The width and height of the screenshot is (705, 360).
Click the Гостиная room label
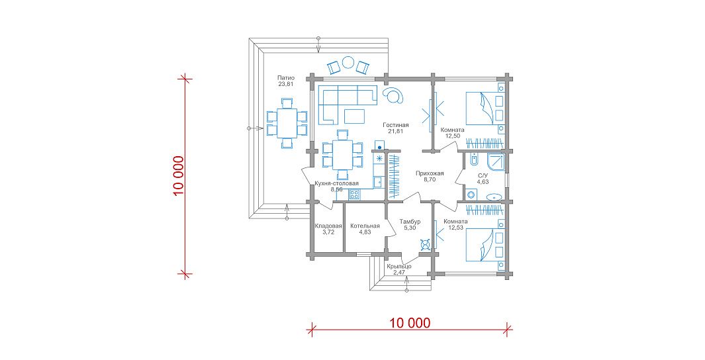click(396, 125)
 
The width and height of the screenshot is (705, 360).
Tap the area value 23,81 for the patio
click(286, 84)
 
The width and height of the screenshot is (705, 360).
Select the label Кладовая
click(328, 226)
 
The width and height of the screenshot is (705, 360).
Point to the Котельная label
click(365, 226)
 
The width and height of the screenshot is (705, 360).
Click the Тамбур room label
click(410, 222)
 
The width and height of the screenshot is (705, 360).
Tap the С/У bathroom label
click(483, 176)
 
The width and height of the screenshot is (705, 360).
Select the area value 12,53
click(456, 228)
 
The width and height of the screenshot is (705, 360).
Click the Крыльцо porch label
click(399, 267)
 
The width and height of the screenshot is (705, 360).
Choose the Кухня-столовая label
click(337, 183)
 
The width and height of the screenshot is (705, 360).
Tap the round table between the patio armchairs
click(348, 63)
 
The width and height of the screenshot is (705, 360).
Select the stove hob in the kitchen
click(354, 194)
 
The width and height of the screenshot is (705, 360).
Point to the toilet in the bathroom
click(473, 159)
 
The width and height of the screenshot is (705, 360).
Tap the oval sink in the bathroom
click(494, 197)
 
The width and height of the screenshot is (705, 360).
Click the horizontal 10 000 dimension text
click(410, 322)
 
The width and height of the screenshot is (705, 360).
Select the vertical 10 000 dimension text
click(179, 176)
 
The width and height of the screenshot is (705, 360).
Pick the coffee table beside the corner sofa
click(355, 116)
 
